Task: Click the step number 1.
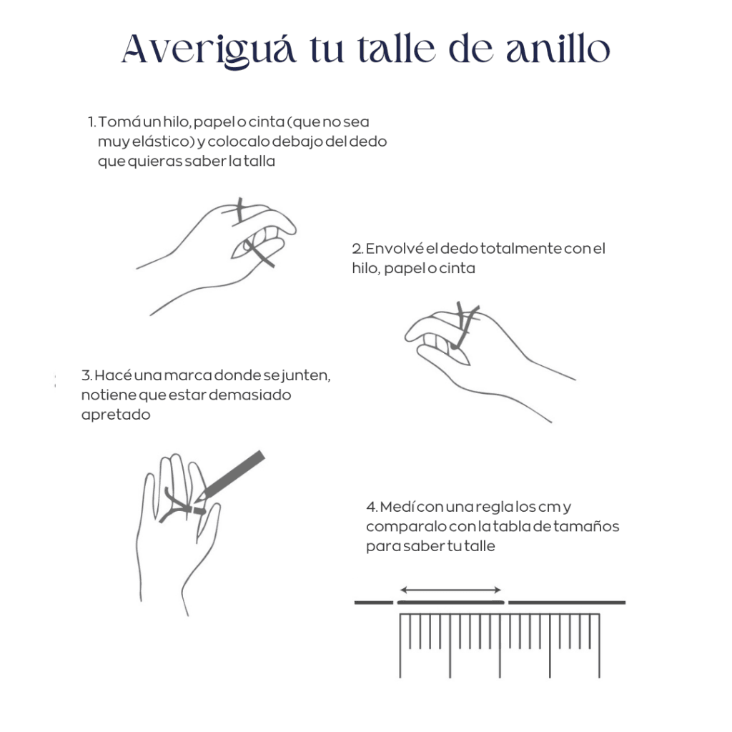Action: [92, 122]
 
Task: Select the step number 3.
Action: [86, 375]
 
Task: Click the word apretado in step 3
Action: [116, 415]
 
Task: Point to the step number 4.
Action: [372, 507]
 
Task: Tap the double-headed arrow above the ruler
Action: [450, 590]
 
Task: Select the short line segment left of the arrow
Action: [374, 603]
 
